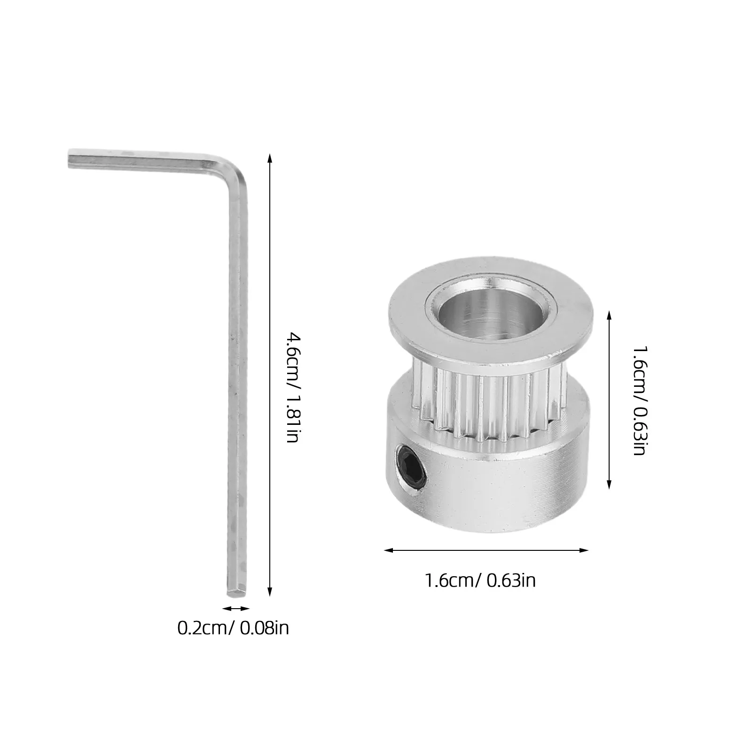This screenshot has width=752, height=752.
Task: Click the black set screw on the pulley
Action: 411,470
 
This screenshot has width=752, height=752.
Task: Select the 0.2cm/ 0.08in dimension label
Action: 233,628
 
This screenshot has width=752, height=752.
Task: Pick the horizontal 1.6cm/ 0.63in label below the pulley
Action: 480,581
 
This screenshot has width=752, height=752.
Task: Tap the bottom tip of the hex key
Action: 235,593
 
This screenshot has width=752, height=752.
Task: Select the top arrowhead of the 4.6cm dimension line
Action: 269,157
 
